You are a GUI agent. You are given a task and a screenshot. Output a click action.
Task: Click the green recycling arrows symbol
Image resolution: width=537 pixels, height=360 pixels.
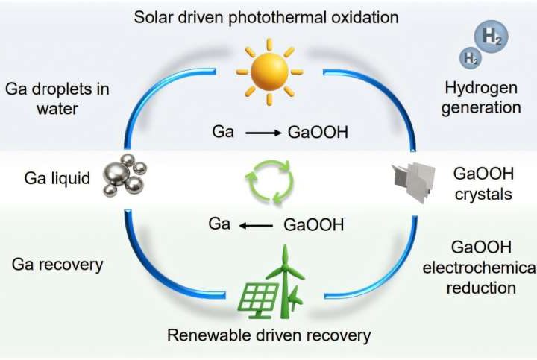269,180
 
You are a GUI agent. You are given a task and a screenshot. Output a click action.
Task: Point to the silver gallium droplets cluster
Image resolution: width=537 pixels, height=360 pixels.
125,175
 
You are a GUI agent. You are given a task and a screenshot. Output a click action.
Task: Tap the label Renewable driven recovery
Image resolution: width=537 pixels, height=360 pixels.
268,335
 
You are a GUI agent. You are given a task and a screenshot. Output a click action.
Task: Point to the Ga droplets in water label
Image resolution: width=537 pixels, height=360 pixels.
57,99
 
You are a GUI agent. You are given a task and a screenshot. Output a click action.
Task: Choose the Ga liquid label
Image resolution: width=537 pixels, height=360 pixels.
57,179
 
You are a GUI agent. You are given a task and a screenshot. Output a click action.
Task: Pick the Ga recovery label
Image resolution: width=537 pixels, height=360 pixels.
57,264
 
